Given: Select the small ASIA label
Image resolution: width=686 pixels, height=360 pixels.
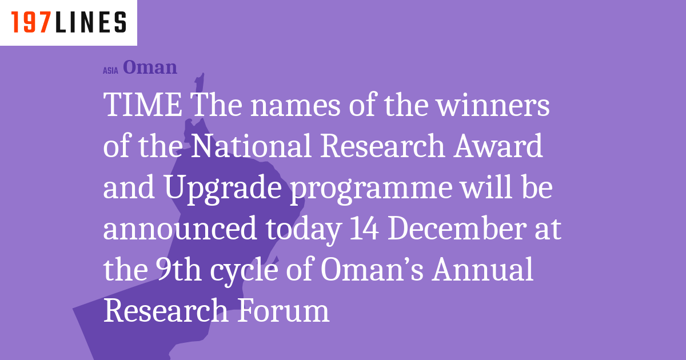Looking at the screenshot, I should (x=110, y=70).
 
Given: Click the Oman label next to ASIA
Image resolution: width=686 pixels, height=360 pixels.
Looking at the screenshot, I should (x=150, y=67).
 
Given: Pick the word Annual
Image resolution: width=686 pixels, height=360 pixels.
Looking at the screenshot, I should (x=482, y=270).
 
